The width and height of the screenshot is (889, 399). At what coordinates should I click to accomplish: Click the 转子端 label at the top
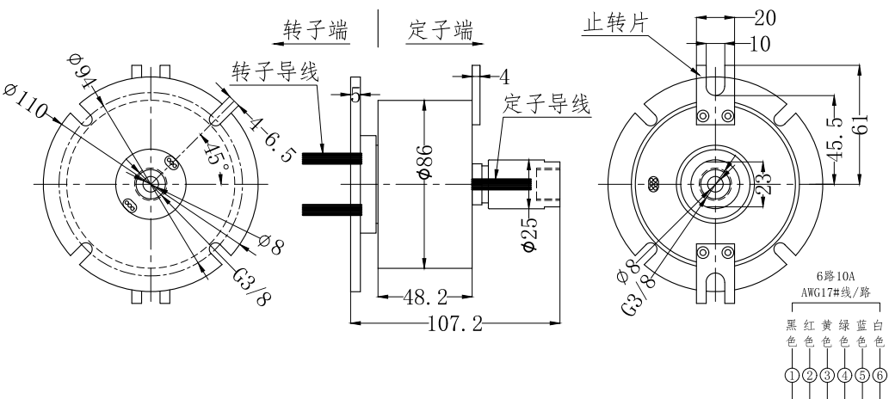[x=316, y=30]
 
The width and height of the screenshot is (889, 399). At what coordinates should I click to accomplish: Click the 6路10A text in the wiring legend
[x=833, y=277]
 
